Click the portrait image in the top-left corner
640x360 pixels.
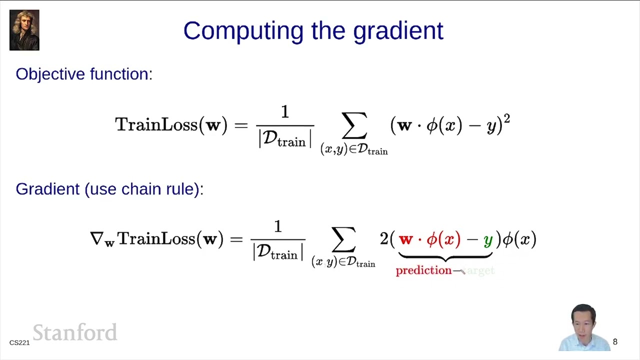click(x=24, y=30)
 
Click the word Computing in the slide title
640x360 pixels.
click(x=243, y=31)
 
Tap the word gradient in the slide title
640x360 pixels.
click(x=398, y=31)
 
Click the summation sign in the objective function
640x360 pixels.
click(x=354, y=125)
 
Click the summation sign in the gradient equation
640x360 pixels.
click(x=343, y=239)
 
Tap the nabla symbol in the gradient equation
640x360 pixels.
click(x=96, y=238)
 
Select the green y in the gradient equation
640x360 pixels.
click(x=488, y=240)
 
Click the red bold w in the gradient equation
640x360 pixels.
click(x=405, y=239)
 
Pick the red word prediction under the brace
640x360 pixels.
click(x=423, y=270)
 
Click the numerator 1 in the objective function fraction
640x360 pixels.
click(x=285, y=112)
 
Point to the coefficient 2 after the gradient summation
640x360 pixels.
click(x=384, y=239)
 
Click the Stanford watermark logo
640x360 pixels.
click(x=75, y=332)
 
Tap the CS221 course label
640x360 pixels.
click(x=19, y=342)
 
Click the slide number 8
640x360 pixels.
click(x=615, y=342)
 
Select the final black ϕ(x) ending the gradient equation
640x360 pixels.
click(x=519, y=239)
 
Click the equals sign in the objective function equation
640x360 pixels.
click(x=241, y=125)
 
